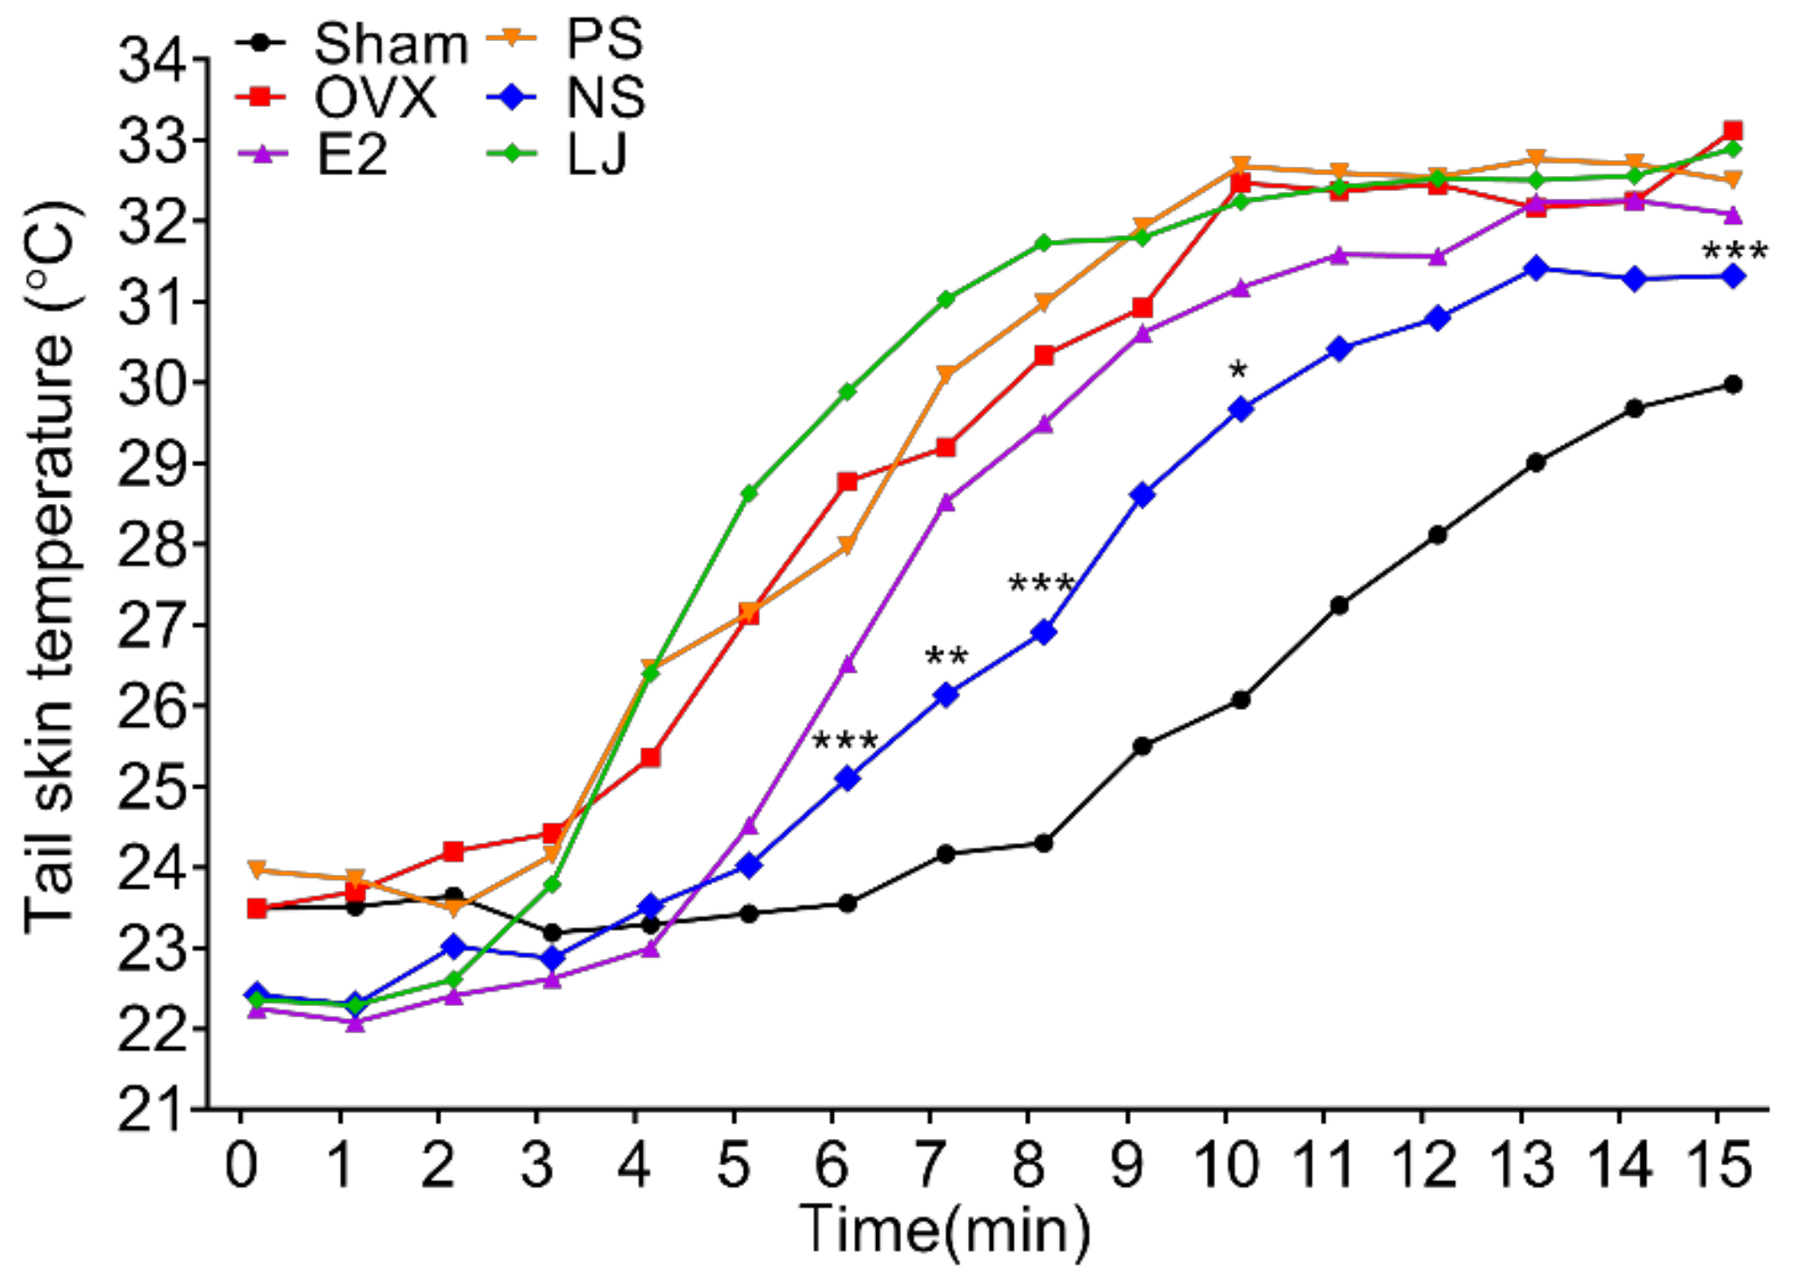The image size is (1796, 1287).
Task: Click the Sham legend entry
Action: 389,44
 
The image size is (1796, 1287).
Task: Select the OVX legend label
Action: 375,98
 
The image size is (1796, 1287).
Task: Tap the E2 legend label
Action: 351,155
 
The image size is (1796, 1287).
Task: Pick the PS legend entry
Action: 604,40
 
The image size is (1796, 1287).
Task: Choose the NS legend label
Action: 605,97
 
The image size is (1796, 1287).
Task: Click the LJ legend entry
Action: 597,155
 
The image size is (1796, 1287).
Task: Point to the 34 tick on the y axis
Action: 150,61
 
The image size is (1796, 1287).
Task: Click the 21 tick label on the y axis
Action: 150,1111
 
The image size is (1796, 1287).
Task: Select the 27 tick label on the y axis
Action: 150,627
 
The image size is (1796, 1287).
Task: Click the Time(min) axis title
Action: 943,1230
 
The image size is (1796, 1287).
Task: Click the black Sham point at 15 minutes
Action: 1732,385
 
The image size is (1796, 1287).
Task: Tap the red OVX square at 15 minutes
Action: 1732,130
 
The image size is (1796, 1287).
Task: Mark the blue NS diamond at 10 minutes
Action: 1240,409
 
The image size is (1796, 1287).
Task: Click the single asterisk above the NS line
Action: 1238,372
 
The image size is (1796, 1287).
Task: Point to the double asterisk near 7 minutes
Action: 945,657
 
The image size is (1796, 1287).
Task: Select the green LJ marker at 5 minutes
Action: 749,493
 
